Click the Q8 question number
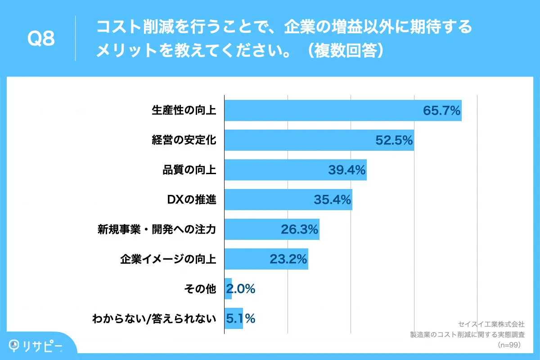click(41, 39)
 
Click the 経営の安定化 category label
click(184, 140)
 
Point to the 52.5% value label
click(394, 140)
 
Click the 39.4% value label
click(347, 170)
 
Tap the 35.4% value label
click(333, 200)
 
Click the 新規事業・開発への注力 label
click(157, 229)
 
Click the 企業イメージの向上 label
click(168, 259)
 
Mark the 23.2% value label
click(288, 259)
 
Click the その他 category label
click(200, 289)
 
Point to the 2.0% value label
click(241, 289)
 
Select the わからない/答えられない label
click(154, 319)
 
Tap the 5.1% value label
click(241, 319)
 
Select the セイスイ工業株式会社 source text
click(491, 324)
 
